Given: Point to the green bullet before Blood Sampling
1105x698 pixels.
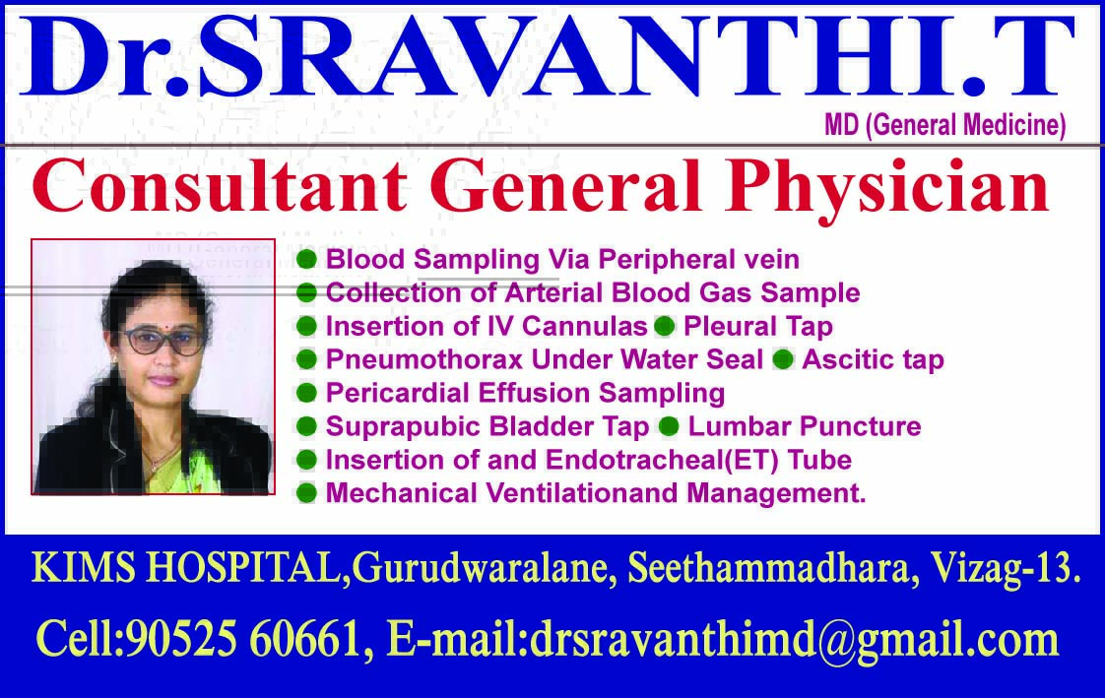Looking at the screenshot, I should (x=307, y=260).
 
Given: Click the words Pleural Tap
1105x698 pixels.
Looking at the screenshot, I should (x=757, y=326).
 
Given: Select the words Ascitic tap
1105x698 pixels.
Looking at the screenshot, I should (x=873, y=359).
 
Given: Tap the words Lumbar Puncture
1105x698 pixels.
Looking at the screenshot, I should (x=805, y=426).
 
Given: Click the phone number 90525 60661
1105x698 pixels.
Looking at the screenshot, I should (x=246, y=641).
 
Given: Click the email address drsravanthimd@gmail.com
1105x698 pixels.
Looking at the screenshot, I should (x=794, y=641).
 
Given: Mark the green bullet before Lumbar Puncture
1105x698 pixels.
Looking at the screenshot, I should (x=669, y=426).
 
